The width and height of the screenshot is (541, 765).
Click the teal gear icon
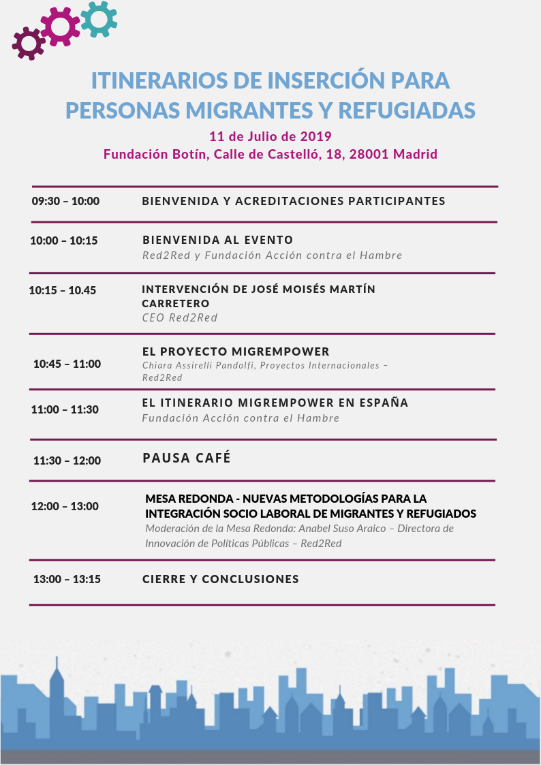99,19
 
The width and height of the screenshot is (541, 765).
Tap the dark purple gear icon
29,44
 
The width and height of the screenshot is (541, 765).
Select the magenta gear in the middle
60,27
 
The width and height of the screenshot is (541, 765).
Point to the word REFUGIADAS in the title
407,110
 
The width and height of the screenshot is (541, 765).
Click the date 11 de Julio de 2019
270,136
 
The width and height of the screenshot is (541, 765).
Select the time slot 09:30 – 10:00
65,202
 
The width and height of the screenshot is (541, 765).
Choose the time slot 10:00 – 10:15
64,240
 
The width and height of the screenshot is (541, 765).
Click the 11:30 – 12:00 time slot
67,460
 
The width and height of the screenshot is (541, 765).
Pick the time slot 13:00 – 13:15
67,580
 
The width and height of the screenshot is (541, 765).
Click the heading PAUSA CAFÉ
187,458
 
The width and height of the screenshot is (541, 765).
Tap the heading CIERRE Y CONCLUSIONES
221,580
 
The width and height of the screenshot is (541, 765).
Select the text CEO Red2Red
180,318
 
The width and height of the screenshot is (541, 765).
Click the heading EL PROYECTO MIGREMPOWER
236,352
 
